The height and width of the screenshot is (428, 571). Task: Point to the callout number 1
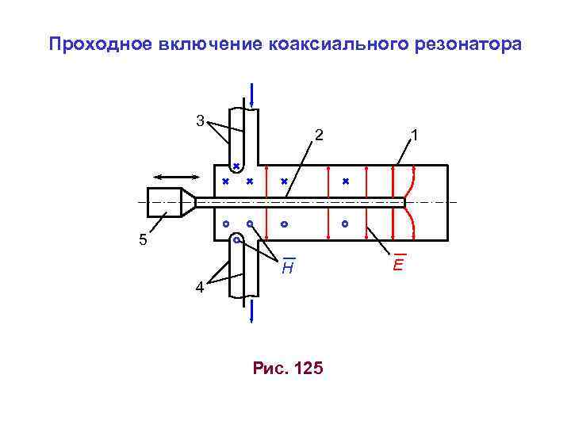point(415,136)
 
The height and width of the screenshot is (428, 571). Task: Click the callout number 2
point(318,136)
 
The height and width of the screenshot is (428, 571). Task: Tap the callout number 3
point(201,121)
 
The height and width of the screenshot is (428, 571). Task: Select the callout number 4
point(201,289)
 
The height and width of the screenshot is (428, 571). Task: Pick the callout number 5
point(144,240)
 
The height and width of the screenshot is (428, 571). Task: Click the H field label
point(289,269)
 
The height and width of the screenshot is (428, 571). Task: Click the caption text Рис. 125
point(287,368)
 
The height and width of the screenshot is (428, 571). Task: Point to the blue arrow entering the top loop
point(251,94)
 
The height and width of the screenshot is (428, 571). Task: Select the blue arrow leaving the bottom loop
point(251,311)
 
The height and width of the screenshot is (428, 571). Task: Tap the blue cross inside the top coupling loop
point(236,166)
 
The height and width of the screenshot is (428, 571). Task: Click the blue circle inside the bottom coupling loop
point(236,239)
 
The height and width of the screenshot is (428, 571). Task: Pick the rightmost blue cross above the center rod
point(346,182)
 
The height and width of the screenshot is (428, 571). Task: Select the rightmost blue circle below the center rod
point(346,224)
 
